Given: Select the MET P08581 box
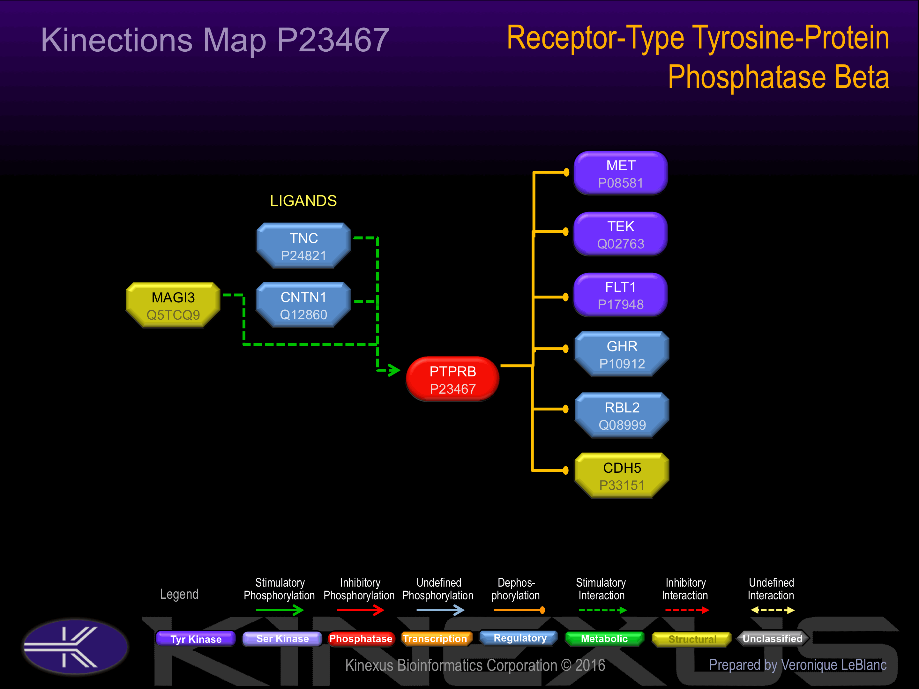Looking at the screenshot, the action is point(621,173).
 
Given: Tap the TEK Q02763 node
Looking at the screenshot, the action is point(621,234).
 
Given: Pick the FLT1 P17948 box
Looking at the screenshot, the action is point(621,295).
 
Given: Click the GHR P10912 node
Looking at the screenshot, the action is point(622,354).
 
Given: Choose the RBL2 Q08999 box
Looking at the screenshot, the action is point(622,415).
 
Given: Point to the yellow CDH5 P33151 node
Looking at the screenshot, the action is point(622,476).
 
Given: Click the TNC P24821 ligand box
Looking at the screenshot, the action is point(304,246).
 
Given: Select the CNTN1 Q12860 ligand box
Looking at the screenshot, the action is point(304,305).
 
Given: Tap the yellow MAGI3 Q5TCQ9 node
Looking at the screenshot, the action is point(173,305).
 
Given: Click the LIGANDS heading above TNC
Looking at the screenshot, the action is point(303,201).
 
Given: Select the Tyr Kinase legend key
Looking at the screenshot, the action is point(196,639).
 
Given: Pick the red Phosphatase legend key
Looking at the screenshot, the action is point(361,639).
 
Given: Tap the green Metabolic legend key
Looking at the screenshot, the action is point(604,639).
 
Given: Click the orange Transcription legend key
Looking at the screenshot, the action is point(435,639).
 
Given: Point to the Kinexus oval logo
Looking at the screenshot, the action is point(76,647).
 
